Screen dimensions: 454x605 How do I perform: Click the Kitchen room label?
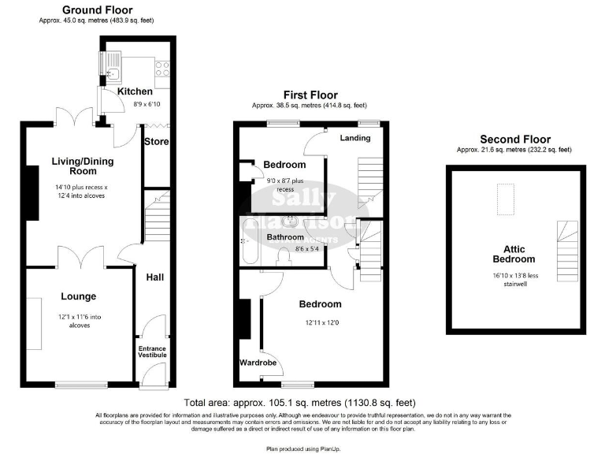click(x=135, y=91)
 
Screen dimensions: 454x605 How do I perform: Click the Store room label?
click(x=157, y=142)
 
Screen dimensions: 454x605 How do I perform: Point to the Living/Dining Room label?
click(x=80, y=166)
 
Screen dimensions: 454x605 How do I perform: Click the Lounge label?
click(x=79, y=296)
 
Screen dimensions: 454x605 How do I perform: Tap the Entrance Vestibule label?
click(x=153, y=352)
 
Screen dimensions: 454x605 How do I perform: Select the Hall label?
click(x=154, y=277)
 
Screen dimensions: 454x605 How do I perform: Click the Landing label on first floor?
click(x=355, y=138)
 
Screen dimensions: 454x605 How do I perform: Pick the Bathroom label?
click(x=284, y=236)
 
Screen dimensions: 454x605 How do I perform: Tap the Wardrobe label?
click(x=257, y=363)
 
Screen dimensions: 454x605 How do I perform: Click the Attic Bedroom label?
click(x=514, y=254)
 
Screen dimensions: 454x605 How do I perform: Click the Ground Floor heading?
click(x=98, y=10)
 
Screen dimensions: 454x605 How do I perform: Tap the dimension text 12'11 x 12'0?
click(x=319, y=322)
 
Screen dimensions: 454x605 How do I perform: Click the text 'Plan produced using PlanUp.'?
click(x=302, y=447)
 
